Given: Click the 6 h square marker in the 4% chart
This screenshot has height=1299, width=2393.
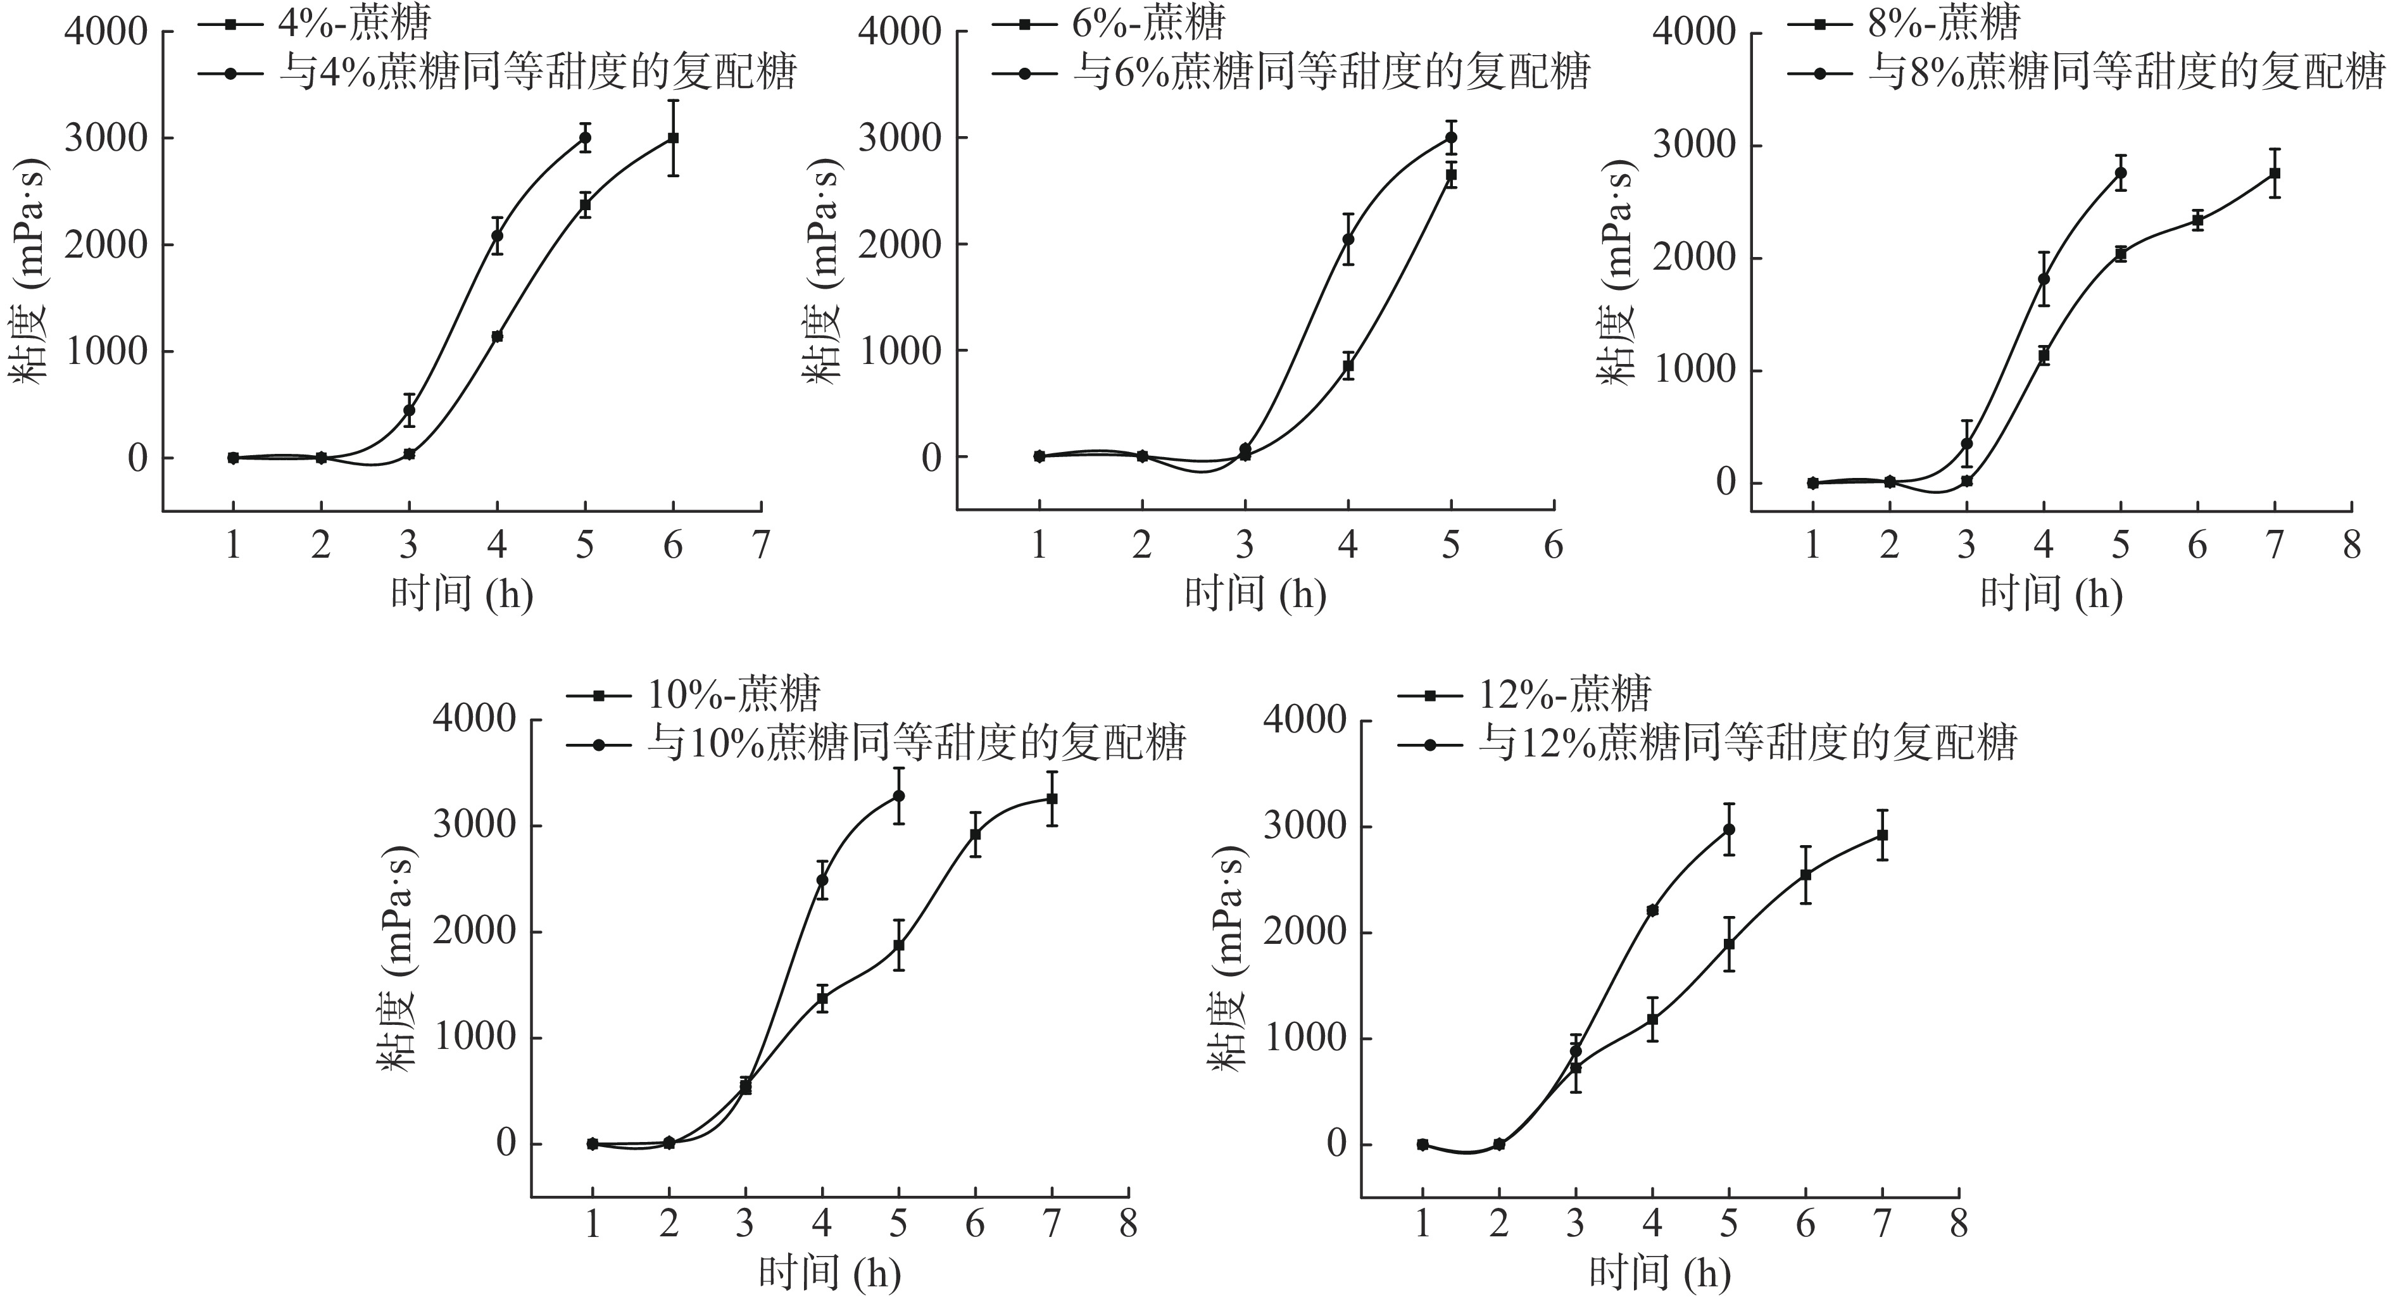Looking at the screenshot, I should [x=672, y=137].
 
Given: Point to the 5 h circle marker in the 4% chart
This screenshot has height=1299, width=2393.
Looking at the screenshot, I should [x=585, y=137].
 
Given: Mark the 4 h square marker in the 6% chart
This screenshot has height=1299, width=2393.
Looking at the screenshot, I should [x=1348, y=366].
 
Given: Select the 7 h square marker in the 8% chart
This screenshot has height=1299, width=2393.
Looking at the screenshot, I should [x=2274, y=173].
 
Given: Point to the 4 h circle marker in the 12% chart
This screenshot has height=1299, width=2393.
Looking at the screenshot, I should [x=1652, y=910].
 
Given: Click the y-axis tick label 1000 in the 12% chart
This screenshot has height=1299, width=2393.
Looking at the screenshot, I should [x=1304, y=1038].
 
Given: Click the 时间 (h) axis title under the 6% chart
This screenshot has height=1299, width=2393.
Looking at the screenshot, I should [x=1255, y=593].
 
